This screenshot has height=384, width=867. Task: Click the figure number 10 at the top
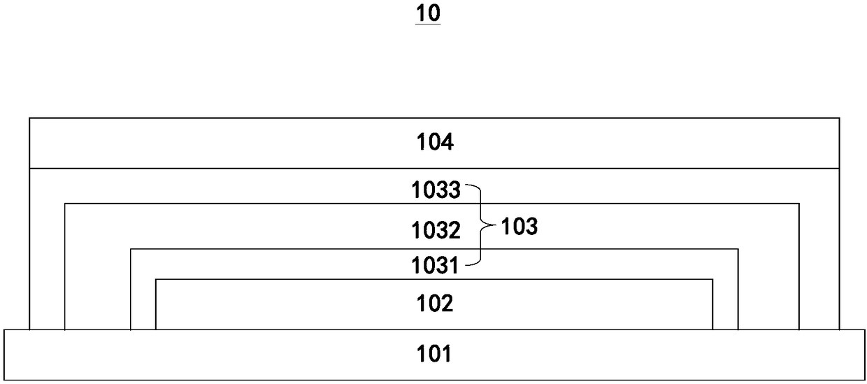click(x=428, y=13)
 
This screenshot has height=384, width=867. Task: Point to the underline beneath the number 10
click(x=428, y=24)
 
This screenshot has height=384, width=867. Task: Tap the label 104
click(x=435, y=143)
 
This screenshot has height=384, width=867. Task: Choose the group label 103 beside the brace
click(x=518, y=227)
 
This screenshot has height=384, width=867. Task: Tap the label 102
click(x=435, y=304)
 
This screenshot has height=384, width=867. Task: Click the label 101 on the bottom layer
click(x=435, y=355)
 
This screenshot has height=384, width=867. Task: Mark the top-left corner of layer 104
click(x=29, y=118)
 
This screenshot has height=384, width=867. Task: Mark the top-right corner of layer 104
click(x=839, y=118)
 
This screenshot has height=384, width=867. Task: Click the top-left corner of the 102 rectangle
click(x=155, y=279)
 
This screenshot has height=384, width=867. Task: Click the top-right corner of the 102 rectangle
click(x=712, y=279)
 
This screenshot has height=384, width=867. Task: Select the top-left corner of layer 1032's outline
click(x=64, y=204)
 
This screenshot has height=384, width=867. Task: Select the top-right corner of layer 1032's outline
click(x=799, y=204)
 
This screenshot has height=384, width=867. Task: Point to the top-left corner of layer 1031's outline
click(x=131, y=248)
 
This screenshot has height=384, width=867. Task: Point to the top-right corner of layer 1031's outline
click(x=738, y=248)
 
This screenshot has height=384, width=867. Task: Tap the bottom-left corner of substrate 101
click(x=4, y=381)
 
